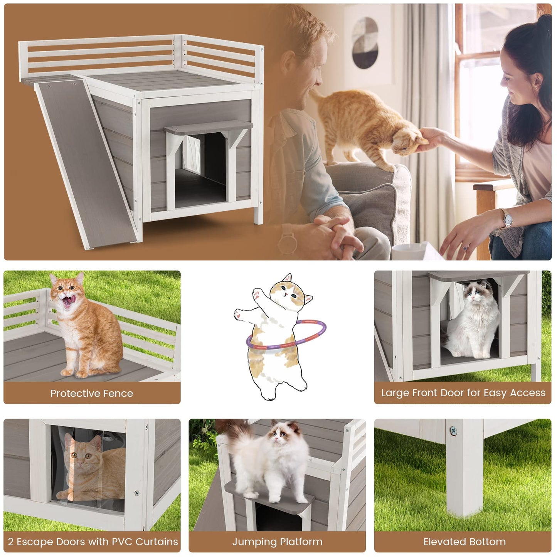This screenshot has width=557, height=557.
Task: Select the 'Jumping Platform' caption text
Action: click(x=277, y=542)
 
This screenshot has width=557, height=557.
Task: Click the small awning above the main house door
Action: click(x=208, y=126)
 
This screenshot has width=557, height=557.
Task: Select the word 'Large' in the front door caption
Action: click(x=395, y=393)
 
